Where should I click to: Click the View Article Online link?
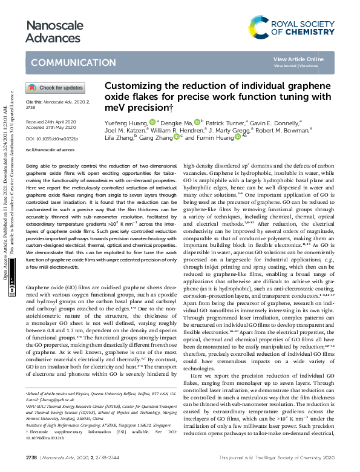pos(307,59)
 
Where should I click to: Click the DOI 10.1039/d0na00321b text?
pos(52,139)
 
